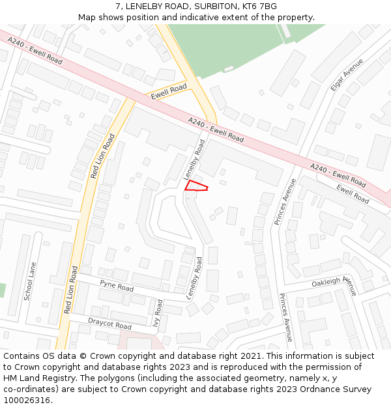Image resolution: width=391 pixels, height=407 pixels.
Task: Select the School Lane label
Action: (30, 281)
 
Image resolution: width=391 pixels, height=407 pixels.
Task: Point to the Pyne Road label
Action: (117, 285)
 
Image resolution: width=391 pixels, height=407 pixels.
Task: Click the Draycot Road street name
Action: (109, 322)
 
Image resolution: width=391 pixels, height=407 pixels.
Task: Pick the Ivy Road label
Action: (157, 313)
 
